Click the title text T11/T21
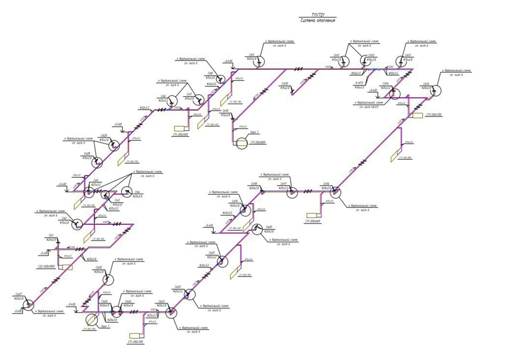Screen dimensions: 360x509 [x=318, y=14]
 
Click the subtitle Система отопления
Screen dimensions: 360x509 [x=318, y=20]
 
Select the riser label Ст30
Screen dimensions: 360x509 [x=285, y=84]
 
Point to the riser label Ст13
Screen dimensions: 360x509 [x=407, y=55]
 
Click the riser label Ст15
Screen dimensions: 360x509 [x=426, y=84]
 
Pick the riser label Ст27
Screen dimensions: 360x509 [x=18, y=294]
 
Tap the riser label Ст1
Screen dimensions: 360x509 [x=51, y=235]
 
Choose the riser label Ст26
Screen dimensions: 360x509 [x=99, y=268]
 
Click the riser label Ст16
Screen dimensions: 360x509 [x=326, y=184]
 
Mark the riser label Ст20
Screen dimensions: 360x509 [x=269, y=227]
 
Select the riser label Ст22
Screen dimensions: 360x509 [x=178, y=287]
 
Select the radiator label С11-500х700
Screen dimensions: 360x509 [x=434, y=115]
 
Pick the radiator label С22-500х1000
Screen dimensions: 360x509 [x=46, y=266]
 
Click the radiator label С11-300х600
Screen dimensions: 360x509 [x=313, y=221]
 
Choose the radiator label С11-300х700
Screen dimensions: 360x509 [x=136, y=341]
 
